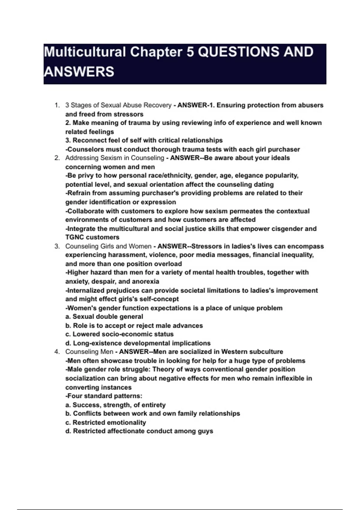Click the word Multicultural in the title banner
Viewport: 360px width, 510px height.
[85, 52]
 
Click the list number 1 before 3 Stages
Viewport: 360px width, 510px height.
[57, 105]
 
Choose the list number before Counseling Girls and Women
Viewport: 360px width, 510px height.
[57, 246]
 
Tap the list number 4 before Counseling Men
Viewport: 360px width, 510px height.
[57, 352]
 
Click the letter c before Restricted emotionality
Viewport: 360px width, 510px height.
[67, 422]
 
